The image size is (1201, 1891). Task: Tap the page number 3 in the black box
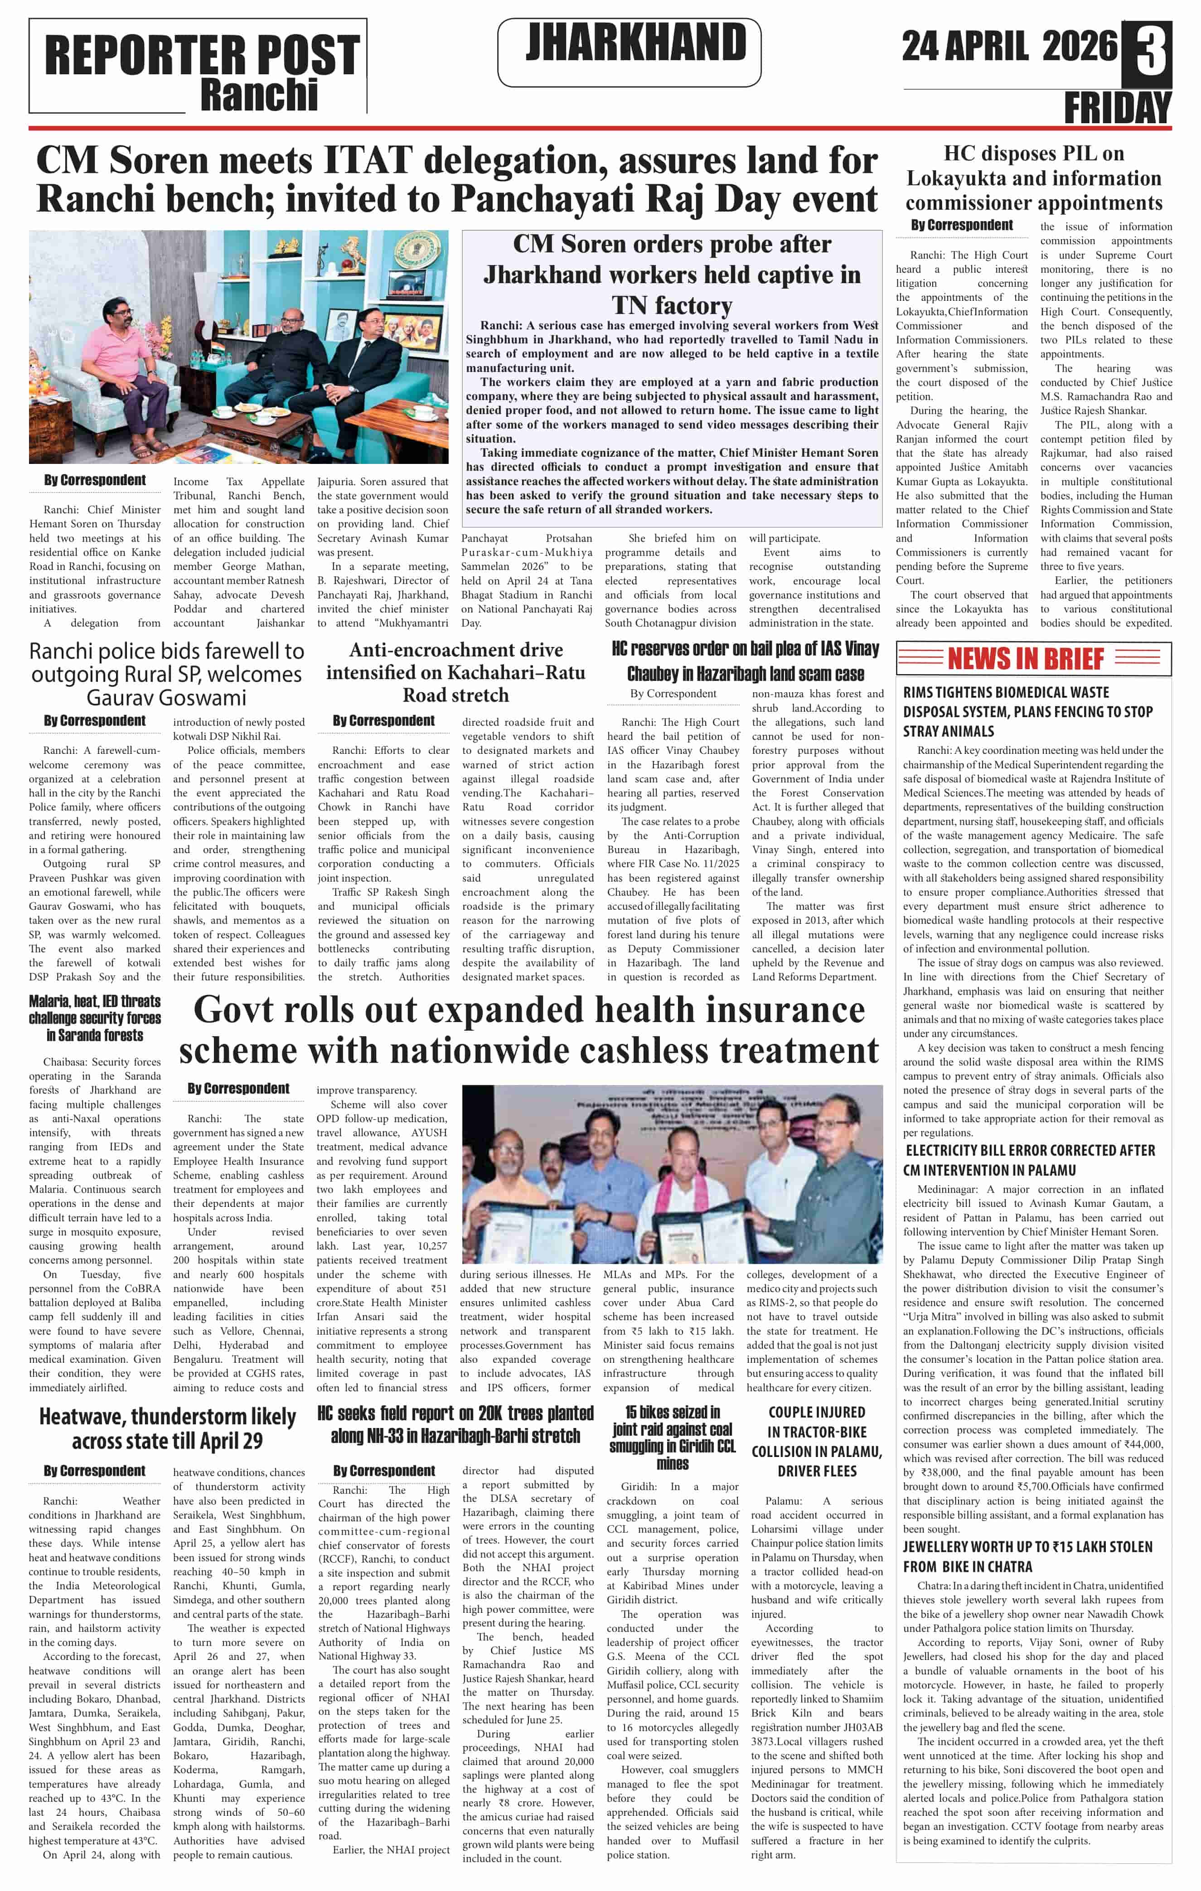pyautogui.click(x=1149, y=53)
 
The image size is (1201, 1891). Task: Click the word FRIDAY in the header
pyautogui.click(x=1117, y=107)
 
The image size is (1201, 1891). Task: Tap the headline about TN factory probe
pyautogui.click(x=672, y=274)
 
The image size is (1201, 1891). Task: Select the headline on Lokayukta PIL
pyautogui.click(x=1033, y=178)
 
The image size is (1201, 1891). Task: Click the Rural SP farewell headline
pyautogui.click(x=166, y=674)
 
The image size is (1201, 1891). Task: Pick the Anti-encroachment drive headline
pyautogui.click(x=455, y=672)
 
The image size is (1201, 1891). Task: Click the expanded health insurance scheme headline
pyautogui.click(x=528, y=1029)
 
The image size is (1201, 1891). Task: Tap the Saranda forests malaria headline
pyautogui.click(x=95, y=1018)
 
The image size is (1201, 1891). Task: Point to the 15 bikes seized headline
pyautogui.click(x=673, y=1437)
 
